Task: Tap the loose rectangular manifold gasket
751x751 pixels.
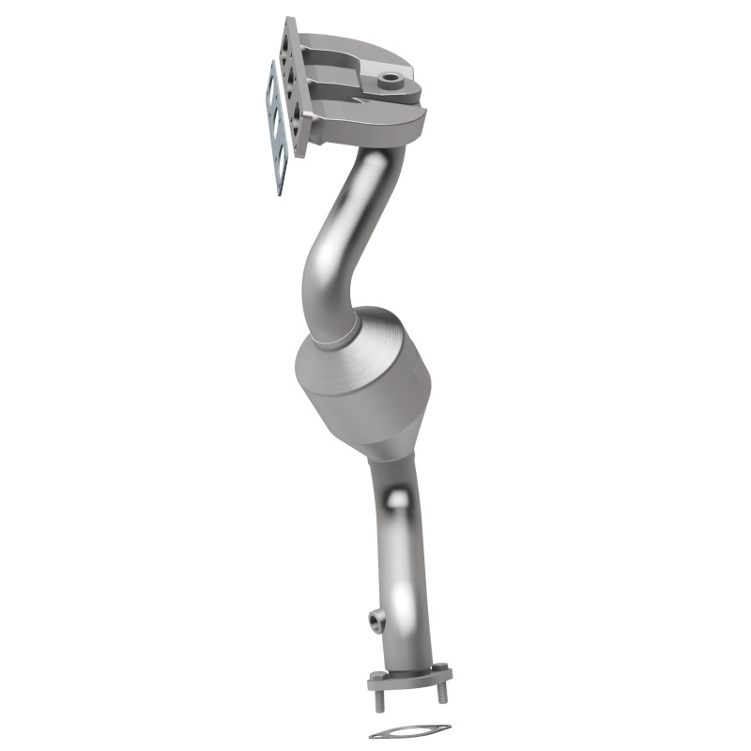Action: (275, 131)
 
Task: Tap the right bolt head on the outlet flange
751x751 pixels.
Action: (439, 667)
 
